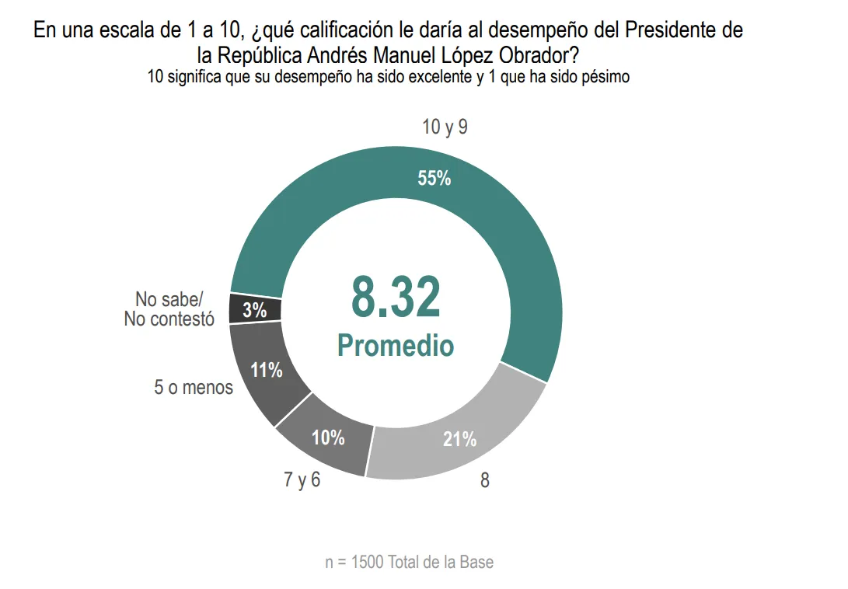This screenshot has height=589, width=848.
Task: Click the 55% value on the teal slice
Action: [x=434, y=178]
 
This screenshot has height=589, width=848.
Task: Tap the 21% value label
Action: [x=459, y=439]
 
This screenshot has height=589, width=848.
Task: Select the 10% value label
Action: [x=328, y=437]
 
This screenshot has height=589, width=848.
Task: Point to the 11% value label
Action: [x=267, y=371]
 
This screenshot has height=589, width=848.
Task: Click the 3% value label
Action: [x=255, y=310]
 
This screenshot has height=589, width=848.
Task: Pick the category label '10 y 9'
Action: [x=445, y=127]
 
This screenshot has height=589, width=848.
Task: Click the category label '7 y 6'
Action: [x=302, y=480]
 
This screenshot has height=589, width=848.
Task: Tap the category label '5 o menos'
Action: [x=194, y=387]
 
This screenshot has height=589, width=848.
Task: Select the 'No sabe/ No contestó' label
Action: [x=169, y=309]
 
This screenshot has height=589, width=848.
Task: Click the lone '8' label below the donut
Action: [x=485, y=481]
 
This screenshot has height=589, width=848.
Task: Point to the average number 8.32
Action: [x=396, y=298]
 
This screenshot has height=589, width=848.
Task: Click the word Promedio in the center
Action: [x=396, y=345]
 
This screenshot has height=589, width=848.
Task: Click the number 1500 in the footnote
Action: [x=367, y=562]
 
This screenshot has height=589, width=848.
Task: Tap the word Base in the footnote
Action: [x=476, y=562]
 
